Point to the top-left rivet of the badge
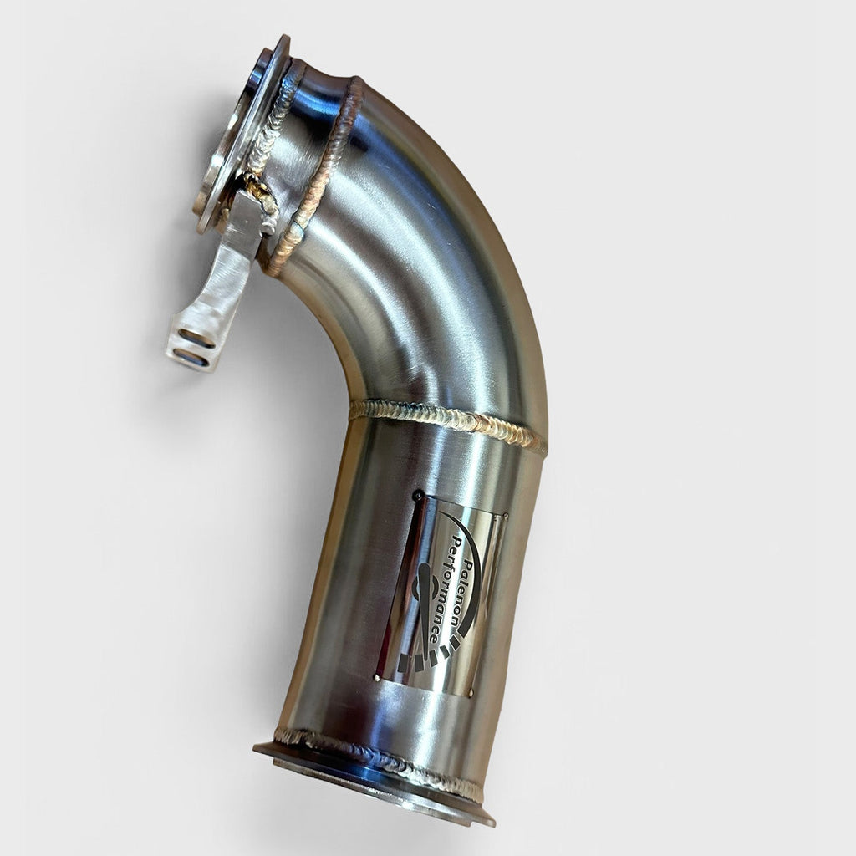coord(417,496)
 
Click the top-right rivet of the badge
coord(505,516)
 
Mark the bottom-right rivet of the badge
coord(471,693)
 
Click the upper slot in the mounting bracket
coord(197,338)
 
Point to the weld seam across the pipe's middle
coord(447,422)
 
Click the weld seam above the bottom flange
coord(376,757)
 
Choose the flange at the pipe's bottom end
coord(376,782)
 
